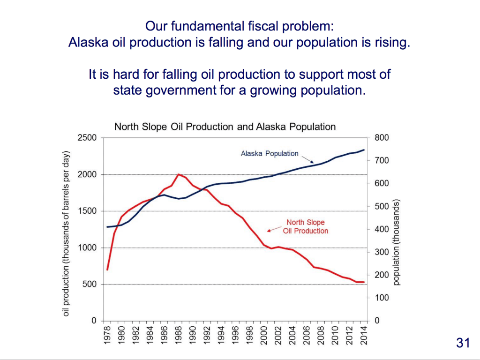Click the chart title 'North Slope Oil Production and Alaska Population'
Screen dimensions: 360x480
225,127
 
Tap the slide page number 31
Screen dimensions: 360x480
463,343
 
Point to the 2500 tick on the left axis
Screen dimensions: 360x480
87,138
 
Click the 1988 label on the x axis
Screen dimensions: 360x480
179,336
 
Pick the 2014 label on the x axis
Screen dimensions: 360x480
363,336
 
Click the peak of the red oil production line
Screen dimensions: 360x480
179,174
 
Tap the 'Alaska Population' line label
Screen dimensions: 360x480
270,153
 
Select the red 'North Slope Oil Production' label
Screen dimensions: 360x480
305,226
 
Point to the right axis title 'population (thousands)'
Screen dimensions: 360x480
397,242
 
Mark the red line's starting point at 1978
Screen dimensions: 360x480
107,270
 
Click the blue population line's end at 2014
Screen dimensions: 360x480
364,150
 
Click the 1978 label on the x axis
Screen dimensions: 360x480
107,336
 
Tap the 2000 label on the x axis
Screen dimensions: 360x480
264,336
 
